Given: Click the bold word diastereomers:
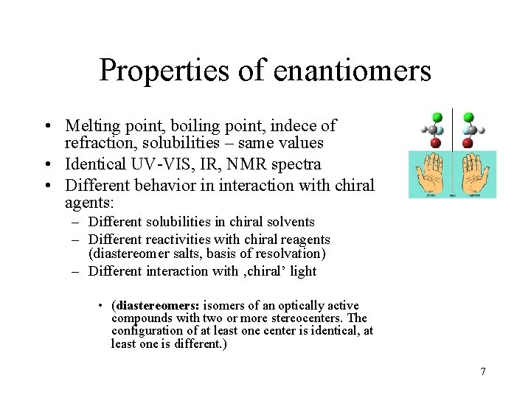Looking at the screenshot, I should tap(156, 305).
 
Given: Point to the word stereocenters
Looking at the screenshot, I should tap(305, 318).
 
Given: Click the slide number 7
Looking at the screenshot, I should tap(483, 371).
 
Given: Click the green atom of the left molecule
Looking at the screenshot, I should tap(437, 116).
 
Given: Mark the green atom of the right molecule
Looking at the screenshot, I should tap(468, 116).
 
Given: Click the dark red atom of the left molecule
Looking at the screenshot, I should tap(437, 142).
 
